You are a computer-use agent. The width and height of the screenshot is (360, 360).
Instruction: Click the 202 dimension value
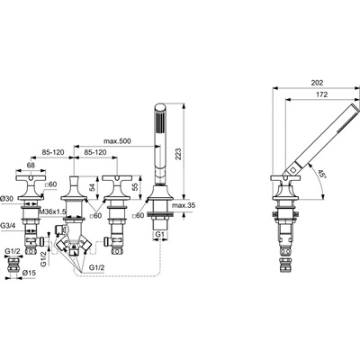318,83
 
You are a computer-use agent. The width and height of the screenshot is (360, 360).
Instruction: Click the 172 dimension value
322,94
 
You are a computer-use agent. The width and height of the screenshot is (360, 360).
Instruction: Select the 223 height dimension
178,155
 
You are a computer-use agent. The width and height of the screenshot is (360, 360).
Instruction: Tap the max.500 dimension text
117,141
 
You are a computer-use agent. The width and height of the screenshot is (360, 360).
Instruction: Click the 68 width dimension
31,165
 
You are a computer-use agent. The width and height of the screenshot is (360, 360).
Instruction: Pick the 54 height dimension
93,188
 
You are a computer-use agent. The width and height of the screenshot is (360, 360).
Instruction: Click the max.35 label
183,205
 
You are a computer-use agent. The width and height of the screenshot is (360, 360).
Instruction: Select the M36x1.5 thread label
52,211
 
